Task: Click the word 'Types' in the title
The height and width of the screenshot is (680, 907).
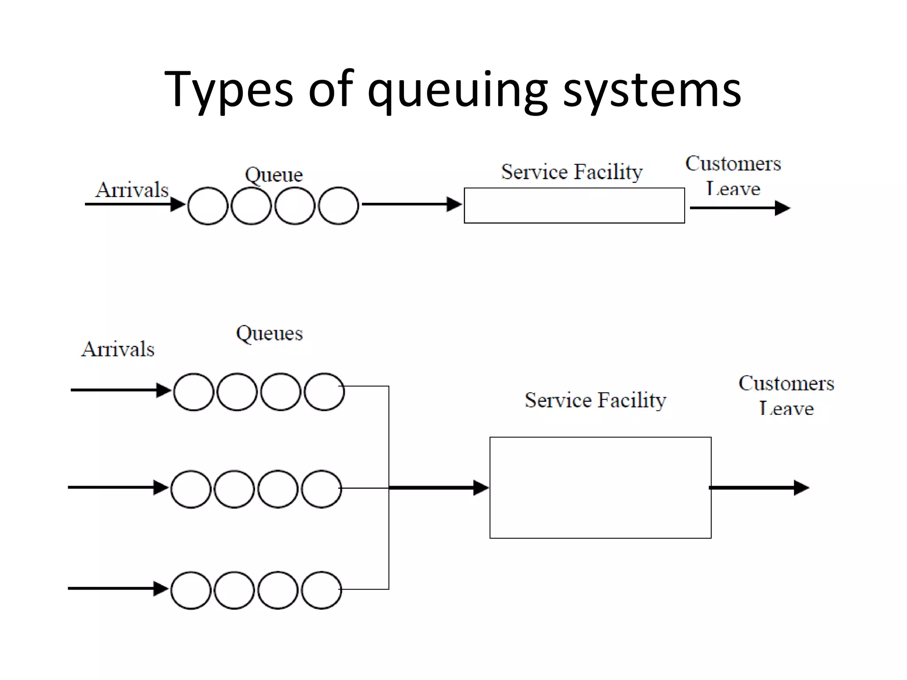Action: click(x=228, y=90)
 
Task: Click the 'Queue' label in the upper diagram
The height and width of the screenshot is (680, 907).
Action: click(x=274, y=174)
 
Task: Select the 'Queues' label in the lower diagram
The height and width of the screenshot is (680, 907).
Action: click(x=269, y=333)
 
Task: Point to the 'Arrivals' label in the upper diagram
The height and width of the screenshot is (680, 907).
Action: click(x=132, y=190)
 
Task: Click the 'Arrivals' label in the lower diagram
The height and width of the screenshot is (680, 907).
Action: click(x=118, y=349)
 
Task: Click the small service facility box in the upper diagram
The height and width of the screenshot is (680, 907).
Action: click(x=574, y=205)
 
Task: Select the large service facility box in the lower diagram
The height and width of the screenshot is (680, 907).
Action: click(x=600, y=487)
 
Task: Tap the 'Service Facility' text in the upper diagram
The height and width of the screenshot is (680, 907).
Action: click(x=571, y=172)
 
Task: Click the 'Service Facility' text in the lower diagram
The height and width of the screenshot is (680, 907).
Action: click(x=595, y=400)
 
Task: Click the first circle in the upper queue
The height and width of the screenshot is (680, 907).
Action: click(x=207, y=206)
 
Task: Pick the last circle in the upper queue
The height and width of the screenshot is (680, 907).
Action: click(x=338, y=206)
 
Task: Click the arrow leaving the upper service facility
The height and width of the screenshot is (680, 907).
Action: click(x=740, y=208)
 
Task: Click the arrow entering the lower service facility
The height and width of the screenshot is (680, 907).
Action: click(x=438, y=488)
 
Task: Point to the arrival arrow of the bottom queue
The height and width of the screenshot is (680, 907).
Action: click(x=117, y=588)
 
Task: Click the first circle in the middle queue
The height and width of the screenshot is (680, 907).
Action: click(x=190, y=489)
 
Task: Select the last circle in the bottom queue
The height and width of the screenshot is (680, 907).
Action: click(x=322, y=590)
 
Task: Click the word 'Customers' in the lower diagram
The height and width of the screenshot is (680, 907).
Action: click(x=786, y=383)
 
